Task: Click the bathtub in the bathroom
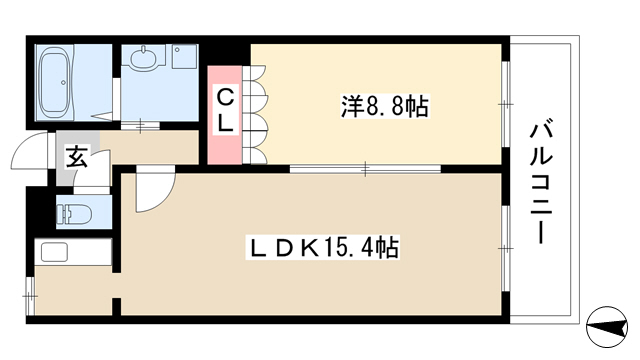[56, 82]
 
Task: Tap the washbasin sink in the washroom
[144, 57]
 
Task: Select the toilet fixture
[74, 213]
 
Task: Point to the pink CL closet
[224, 115]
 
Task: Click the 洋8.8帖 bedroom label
[384, 106]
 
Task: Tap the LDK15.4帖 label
[322, 247]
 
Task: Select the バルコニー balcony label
[542, 181]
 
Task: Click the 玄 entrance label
[77, 157]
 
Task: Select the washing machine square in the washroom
[184, 57]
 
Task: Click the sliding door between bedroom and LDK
[365, 168]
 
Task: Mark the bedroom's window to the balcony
[505, 104]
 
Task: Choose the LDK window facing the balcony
[505, 248]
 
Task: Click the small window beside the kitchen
[30, 296]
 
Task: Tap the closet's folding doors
[254, 114]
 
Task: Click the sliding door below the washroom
[140, 125]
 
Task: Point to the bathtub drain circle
[63, 82]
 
